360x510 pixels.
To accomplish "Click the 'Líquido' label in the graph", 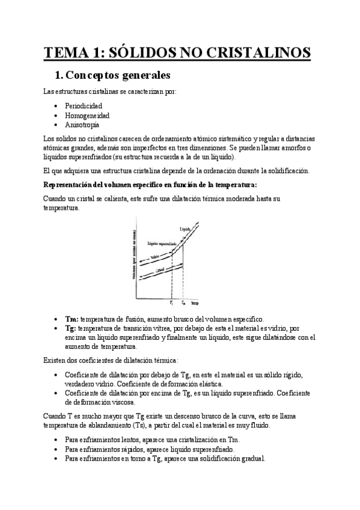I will [185, 229].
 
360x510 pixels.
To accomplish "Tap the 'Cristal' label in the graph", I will [160, 272].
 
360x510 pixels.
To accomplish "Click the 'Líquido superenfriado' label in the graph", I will [162, 243].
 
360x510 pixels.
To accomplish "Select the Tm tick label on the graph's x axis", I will [183, 303].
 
